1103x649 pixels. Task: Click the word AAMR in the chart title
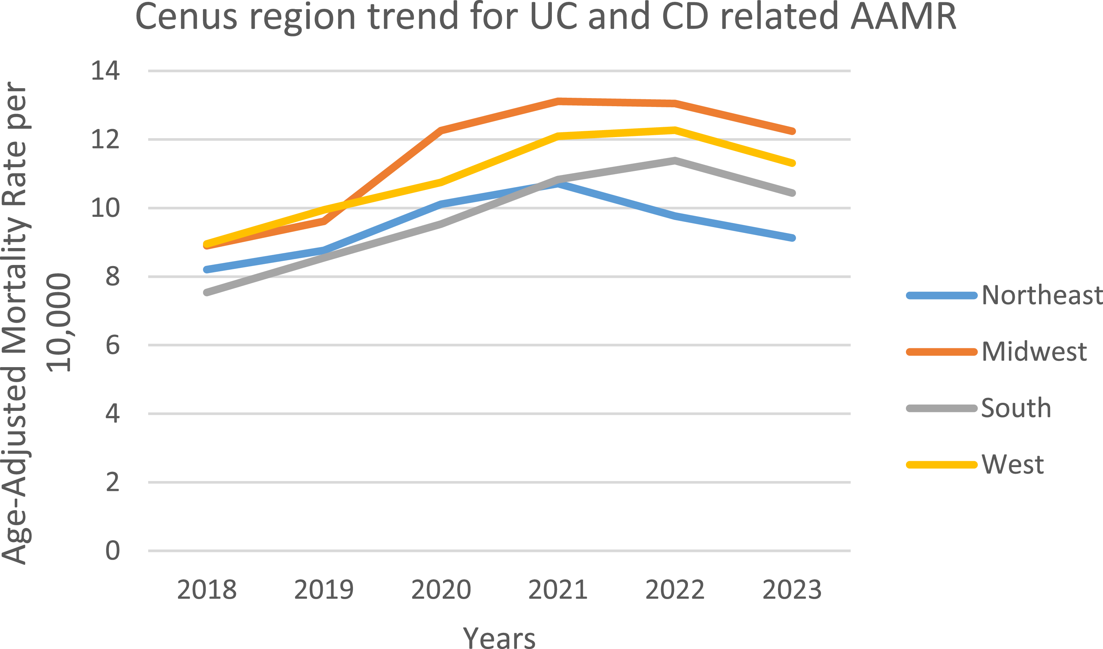pos(904,17)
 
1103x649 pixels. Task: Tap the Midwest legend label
pos(1034,351)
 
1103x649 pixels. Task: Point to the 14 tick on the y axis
pos(105,71)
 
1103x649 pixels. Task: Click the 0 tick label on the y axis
pos(113,551)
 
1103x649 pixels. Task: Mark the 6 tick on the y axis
pos(113,345)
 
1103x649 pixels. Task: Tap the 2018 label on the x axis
pos(207,589)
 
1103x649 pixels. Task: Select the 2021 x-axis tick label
pos(558,589)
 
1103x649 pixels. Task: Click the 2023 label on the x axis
pos(792,589)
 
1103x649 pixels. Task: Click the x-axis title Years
pos(499,638)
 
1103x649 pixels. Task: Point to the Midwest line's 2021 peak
pos(558,101)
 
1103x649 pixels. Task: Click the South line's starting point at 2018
pos(207,292)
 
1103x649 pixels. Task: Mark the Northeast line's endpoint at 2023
pos(792,238)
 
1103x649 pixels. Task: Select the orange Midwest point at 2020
pos(441,130)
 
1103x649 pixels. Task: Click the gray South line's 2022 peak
pos(675,160)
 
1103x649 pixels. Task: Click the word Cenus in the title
pos(186,17)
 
